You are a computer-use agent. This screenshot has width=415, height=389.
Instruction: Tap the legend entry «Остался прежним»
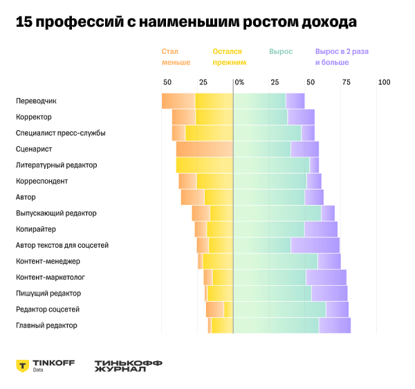229,57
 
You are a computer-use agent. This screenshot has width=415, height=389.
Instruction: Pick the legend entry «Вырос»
280,52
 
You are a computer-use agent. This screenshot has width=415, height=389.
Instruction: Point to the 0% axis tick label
239,82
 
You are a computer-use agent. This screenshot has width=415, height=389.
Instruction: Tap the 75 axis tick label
346,82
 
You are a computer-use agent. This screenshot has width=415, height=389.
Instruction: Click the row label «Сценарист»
34,149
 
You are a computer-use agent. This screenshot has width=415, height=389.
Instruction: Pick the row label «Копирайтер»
36,229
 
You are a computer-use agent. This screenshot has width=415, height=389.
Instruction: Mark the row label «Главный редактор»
46,325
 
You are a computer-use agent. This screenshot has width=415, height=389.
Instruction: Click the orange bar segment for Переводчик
178,101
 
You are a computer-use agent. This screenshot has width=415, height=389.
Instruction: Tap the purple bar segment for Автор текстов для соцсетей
315,245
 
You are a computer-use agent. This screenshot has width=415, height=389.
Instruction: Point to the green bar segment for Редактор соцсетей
279,309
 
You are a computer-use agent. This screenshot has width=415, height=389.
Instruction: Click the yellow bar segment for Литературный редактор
205,165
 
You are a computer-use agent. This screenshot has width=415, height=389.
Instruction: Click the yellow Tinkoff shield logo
23,365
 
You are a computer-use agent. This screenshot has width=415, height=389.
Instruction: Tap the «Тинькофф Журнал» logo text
129,365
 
